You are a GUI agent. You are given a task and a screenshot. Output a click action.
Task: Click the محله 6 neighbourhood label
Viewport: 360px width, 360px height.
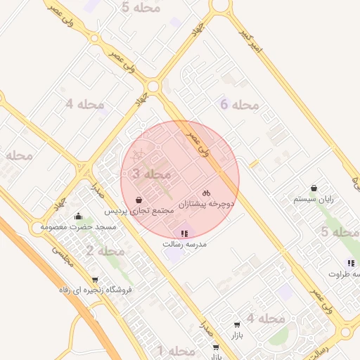(x=240, y=105)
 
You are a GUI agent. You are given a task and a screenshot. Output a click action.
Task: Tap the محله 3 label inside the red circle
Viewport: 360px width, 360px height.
(x=151, y=173)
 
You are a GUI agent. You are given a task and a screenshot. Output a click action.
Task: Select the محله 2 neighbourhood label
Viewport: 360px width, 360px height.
(x=105, y=250)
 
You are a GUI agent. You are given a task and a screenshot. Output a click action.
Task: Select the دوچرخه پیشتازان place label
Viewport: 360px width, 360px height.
(x=205, y=204)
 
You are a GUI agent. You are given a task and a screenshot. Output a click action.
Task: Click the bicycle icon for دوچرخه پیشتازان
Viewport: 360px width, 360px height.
(x=206, y=192)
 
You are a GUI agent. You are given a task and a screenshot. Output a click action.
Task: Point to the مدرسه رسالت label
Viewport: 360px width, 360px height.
(x=183, y=244)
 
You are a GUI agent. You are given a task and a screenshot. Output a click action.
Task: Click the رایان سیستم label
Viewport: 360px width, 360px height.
(x=313, y=200)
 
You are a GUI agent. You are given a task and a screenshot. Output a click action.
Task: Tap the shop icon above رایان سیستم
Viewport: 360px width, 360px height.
(x=313, y=188)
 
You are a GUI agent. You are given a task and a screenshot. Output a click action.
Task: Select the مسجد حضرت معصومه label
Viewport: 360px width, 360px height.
(x=78, y=227)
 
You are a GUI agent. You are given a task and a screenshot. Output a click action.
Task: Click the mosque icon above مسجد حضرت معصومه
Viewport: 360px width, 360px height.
(x=78, y=216)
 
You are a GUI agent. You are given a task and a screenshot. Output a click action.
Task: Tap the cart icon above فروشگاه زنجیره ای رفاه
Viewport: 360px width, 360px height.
(x=96, y=279)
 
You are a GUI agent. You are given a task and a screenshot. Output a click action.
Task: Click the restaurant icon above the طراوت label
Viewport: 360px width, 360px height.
(x=350, y=264)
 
